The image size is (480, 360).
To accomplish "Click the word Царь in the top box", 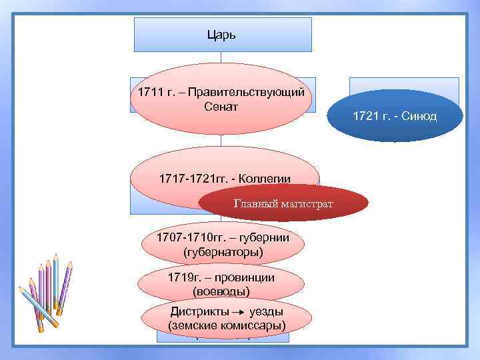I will (x=223, y=34).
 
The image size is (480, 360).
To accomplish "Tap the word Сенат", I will (x=221, y=107).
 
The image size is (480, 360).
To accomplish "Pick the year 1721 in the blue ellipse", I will (x=366, y=116).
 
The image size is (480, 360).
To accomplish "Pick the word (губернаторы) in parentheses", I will (x=222, y=252).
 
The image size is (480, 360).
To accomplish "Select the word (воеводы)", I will (x=221, y=291).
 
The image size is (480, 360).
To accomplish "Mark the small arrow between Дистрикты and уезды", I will (x=237, y=312).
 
